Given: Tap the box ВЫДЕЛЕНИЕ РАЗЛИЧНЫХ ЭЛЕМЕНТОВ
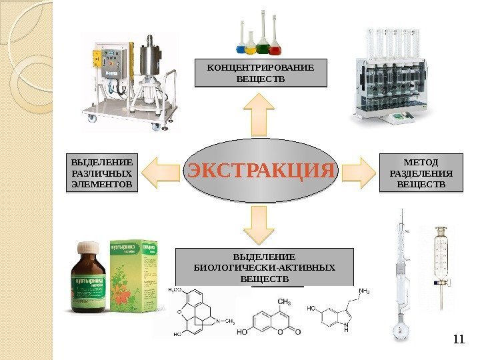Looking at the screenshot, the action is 101,173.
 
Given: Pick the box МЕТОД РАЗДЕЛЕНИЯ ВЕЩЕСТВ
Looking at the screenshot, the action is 421,173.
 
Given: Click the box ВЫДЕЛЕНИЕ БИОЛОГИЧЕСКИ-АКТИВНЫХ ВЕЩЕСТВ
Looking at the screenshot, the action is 264,267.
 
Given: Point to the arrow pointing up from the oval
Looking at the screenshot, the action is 260,113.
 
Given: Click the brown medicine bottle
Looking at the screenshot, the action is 89,280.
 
